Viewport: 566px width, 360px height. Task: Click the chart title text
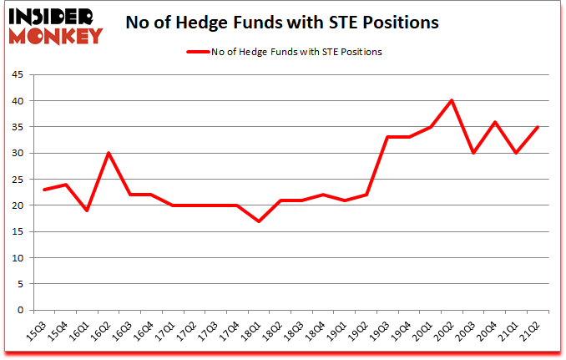pos(281,23)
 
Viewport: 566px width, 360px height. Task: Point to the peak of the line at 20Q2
pos(451,100)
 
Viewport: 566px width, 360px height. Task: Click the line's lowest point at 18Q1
pos(259,221)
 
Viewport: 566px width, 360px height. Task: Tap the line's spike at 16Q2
pos(109,153)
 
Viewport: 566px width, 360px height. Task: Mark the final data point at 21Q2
pos(538,127)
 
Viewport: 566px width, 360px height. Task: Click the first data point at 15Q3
pos(45,190)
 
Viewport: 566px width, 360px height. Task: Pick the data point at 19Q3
pos(387,137)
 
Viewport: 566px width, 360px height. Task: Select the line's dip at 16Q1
pos(88,210)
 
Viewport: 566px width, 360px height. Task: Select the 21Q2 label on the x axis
pos(531,332)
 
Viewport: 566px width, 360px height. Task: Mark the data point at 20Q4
pos(494,122)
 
